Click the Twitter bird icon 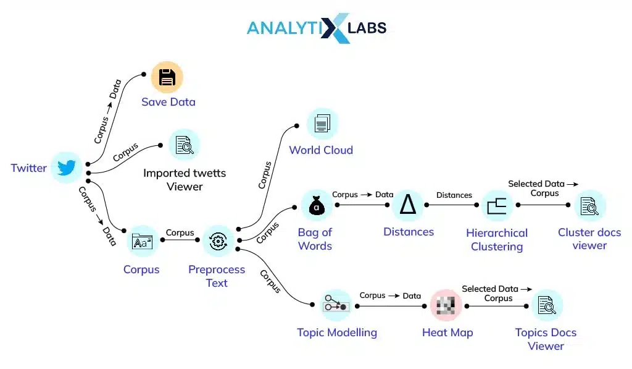click(x=66, y=168)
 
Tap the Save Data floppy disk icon click(x=167, y=77)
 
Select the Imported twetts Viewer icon click(x=185, y=145)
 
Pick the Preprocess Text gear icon click(x=218, y=241)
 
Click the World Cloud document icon click(x=322, y=124)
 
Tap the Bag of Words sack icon click(x=316, y=205)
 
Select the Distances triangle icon click(x=407, y=205)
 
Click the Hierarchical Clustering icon click(x=497, y=206)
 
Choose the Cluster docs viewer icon click(x=590, y=206)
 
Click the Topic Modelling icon click(x=336, y=305)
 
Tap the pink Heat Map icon click(x=446, y=305)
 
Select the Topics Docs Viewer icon click(x=547, y=305)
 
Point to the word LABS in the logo click(x=367, y=28)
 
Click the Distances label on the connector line click(x=454, y=195)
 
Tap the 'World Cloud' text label click(x=321, y=150)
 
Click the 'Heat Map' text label click(x=447, y=333)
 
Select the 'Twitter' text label click(x=28, y=168)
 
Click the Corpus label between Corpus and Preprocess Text click(x=180, y=233)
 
